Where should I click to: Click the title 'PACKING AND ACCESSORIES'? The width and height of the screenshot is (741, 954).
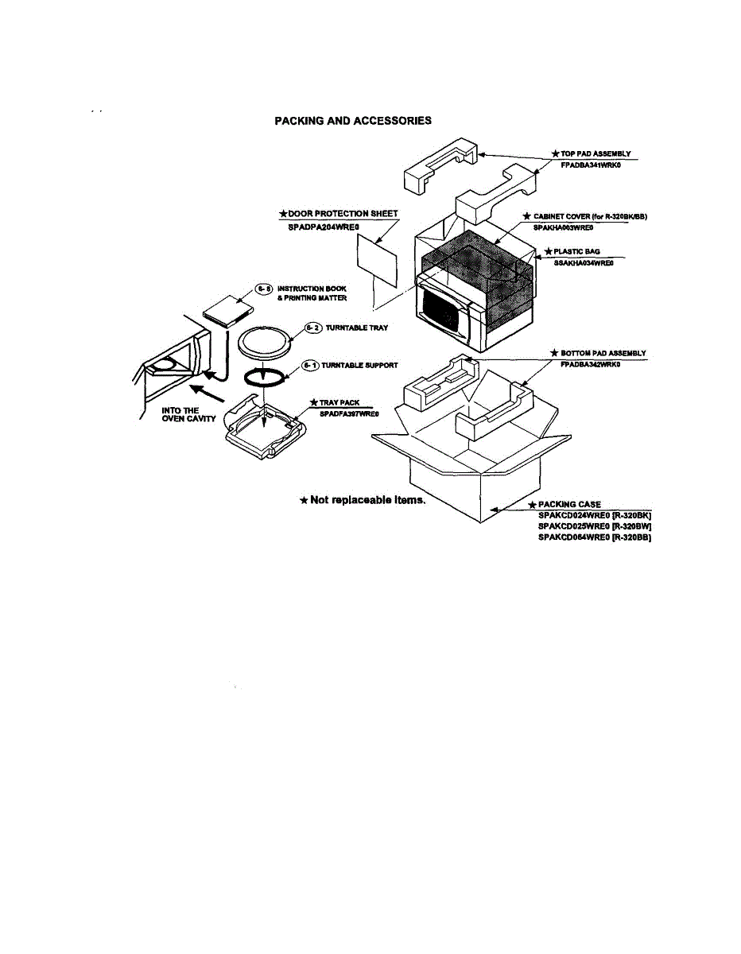(x=353, y=121)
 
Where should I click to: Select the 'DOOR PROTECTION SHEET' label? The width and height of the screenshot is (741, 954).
(x=338, y=214)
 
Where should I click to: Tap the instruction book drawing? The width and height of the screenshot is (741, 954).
(x=227, y=311)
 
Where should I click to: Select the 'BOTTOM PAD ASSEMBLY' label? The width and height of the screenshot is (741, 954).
(x=603, y=353)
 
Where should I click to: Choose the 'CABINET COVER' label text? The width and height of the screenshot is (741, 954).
(x=588, y=216)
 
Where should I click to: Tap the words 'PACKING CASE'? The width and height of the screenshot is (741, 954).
(x=569, y=504)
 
